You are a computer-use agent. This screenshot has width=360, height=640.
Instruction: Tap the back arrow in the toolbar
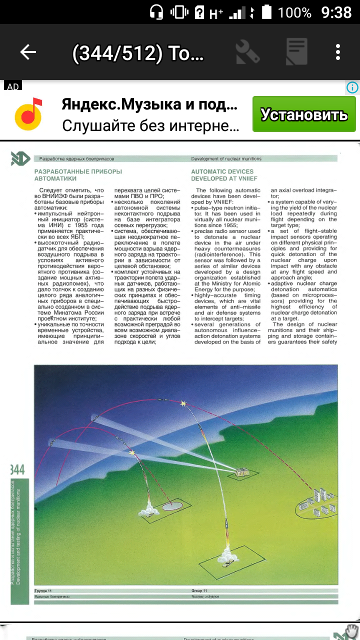(28, 52)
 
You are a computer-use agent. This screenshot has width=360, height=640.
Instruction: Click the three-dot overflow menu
(338, 52)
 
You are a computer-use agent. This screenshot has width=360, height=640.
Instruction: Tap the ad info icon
(352, 88)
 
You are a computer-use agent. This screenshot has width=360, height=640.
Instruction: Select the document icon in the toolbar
(296, 52)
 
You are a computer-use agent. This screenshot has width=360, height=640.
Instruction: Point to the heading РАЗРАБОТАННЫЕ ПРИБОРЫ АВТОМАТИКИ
(77, 174)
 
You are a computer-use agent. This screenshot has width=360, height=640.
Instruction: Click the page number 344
(17, 469)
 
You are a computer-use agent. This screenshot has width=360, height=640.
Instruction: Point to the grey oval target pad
(173, 506)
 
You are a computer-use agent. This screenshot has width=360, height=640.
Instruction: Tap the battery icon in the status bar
(267, 11)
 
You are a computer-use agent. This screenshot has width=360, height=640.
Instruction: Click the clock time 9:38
(336, 11)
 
